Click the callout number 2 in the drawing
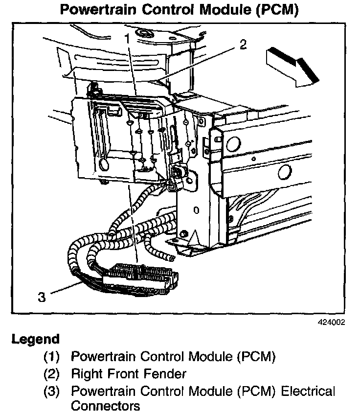pyautogui.click(x=243, y=46)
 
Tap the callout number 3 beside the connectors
pyautogui.click(x=42, y=297)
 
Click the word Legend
pyautogui.click(x=35, y=339)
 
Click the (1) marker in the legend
pyautogui.click(x=51, y=357)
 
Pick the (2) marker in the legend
pyautogui.click(x=51, y=374)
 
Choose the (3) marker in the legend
pyautogui.click(x=51, y=392)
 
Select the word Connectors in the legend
pyautogui.click(x=105, y=406)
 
